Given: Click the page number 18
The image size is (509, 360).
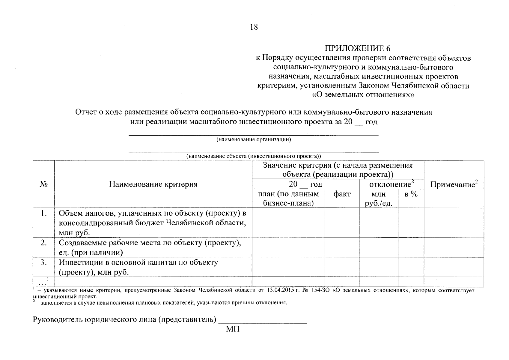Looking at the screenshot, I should click(254, 27).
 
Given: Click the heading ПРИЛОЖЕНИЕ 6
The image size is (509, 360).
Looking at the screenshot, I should click(358, 48).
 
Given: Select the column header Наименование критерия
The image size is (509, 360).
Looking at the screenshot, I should click(153, 184).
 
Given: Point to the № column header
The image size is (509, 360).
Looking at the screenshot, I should click(43, 184).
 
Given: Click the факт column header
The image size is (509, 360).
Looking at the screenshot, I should click(342, 194).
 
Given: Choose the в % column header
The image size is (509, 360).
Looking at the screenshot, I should click(411, 194).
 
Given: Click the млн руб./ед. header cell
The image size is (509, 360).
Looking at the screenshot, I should click(378, 199).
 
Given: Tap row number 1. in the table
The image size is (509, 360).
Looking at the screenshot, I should click(44, 213).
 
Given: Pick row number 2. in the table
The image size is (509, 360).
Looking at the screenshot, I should click(44, 243).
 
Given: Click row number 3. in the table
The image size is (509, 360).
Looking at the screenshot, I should click(44, 262).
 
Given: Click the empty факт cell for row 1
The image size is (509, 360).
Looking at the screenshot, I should click(342, 223).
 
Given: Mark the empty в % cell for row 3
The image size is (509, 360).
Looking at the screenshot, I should click(411, 267).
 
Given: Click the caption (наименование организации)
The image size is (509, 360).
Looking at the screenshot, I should click(254, 139).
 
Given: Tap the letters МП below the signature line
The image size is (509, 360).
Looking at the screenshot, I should click(233, 329).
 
